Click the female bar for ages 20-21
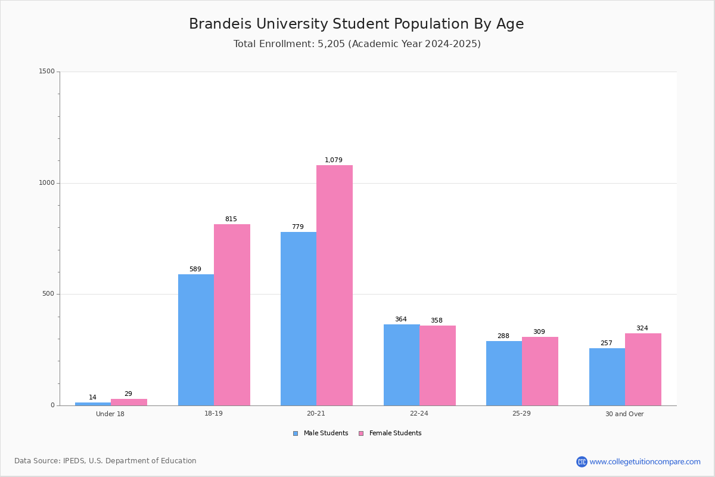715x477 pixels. coord(334,285)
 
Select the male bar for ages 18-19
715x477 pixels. coord(196,340)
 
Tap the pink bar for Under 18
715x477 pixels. coord(129,402)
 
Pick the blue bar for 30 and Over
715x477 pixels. coord(607,377)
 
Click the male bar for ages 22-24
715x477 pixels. coord(402,365)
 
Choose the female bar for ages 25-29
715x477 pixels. coord(540,371)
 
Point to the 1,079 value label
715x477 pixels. coord(334,160)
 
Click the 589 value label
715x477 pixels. coord(195,269)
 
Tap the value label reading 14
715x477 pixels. coord(92,397)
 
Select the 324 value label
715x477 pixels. coord(642,328)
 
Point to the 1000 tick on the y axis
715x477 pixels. coord(47,182)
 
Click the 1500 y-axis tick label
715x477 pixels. coord(47,71)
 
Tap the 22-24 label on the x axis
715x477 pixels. coord(419,413)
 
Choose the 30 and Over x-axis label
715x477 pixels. coord(624,414)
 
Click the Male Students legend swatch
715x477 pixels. coord(296,433)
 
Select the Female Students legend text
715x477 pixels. coord(396,433)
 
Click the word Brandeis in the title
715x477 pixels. coord(220,24)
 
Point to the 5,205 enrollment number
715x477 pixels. coord(331,44)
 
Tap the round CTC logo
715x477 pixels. coord(582,461)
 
